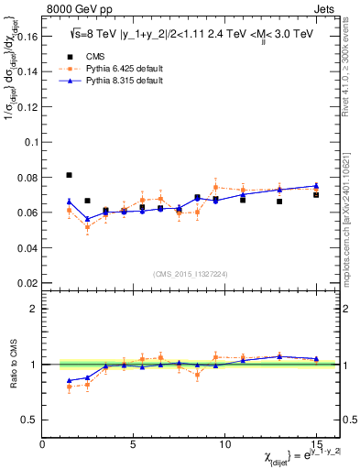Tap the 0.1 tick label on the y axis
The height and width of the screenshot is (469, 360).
tap(29, 143)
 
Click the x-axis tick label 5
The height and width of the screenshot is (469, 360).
tap(134, 444)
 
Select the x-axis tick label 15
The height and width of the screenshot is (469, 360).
tap(315, 444)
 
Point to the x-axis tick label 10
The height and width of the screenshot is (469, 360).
tap(224, 444)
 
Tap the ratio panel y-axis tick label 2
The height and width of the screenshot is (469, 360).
tap(34, 309)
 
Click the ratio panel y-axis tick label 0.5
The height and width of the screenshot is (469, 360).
tap(29, 420)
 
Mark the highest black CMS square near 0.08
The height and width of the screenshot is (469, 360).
tap(70, 175)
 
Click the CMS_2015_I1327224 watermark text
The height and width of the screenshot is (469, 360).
tap(191, 273)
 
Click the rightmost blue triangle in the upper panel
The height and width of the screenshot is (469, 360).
tap(316, 186)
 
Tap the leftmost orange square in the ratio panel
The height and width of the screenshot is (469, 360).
tap(70, 387)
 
